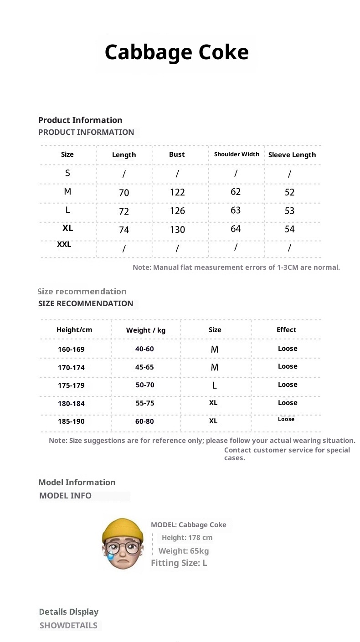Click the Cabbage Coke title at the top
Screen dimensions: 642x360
(x=177, y=52)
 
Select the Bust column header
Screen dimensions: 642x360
(x=177, y=154)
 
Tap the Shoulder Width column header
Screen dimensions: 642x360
(x=237, y=154)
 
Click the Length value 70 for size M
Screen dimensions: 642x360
(x=124, y=193)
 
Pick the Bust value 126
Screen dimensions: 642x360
(x=177, y=211)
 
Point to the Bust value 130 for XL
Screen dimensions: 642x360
(x=177, y=230)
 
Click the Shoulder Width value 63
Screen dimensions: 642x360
(x=236, y=211)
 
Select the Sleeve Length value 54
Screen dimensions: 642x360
(x=289, y=229)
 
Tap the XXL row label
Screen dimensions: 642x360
(x=64, y=245)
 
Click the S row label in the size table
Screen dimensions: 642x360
(x=67, y=173)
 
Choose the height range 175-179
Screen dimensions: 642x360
(x=71, y=385)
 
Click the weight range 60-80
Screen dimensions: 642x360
(x=144, y=421)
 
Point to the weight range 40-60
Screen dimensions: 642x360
(x=144, y=349)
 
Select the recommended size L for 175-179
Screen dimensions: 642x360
(x=215, y=385)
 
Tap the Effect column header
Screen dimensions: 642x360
(x=286, y=330)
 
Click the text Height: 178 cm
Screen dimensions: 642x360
(x=187, y=538)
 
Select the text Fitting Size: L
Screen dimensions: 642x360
(x=179, y=563)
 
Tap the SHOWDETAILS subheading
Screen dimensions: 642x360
(x=68, y=626)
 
